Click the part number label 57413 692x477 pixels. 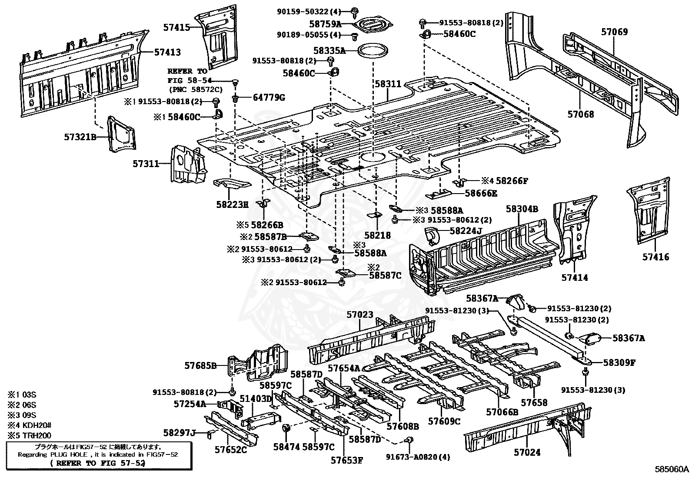(x=167, y=52)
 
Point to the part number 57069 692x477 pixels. (x=615, y=32)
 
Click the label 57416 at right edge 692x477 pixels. (x=656, y=257)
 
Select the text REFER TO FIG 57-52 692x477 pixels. (x=97, y=463)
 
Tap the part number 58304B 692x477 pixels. (x=522, y=209)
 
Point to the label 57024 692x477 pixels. (x=527, y=452)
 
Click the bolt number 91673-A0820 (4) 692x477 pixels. (x=418, y=457)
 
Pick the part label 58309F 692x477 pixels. (x=619, y=362)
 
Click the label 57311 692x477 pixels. (x=146, y=164)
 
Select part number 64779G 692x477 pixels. (x=269, y=98)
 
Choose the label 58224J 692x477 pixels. (x=466, y=231)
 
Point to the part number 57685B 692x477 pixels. (x=200, y=365)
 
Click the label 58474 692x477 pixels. (x=286, y=447)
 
